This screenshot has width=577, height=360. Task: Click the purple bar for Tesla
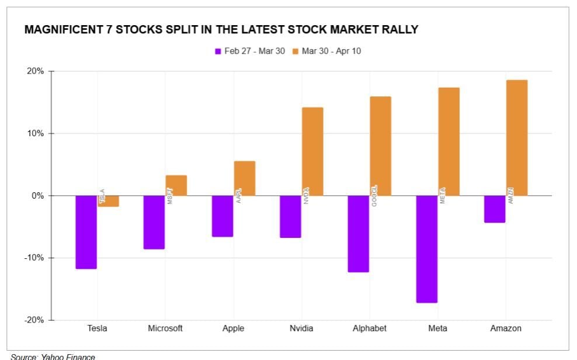(x=86, y=232)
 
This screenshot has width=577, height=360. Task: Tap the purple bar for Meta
(x=426, y=249)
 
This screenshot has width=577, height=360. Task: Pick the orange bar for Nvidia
(x=312, y=151)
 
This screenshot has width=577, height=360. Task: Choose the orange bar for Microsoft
(x=176, y=185)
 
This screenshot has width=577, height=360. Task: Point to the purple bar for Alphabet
(x=358, y=234)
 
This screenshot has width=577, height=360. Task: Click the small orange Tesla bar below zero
(x=109, y=201)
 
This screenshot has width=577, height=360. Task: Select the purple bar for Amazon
(x=495, y=209)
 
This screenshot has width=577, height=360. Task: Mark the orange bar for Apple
(x=245, y=178)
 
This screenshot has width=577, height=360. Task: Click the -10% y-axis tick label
(x=34, y=258)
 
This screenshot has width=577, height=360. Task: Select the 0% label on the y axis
(x=37, y=196)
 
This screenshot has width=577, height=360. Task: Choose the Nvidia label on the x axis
(x=301, y=328)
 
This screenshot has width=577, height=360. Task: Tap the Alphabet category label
(x=369, y=328)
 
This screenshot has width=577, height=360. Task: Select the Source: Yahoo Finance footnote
(x=53, y=356)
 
